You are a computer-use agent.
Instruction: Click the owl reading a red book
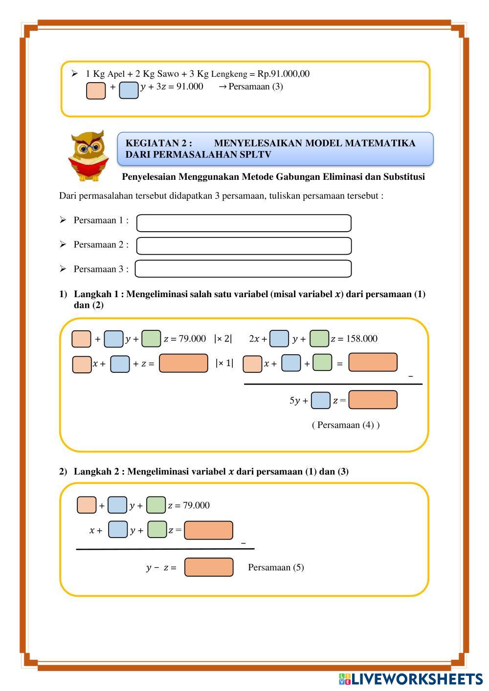88,156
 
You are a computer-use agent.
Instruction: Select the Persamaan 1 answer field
244,223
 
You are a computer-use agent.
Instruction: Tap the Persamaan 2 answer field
244,246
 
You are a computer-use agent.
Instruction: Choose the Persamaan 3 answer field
243,269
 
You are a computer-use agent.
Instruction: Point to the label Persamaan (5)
276,567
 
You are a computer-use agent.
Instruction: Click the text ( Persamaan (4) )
346,425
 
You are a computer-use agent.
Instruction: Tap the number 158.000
361,339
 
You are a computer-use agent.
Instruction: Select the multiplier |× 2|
223,339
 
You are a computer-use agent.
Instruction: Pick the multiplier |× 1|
224,363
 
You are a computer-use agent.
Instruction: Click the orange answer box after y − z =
209,567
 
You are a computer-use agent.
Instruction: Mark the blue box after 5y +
321,401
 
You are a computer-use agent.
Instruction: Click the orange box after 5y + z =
373,400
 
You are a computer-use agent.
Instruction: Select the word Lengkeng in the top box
229,74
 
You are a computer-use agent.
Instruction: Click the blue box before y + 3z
129,90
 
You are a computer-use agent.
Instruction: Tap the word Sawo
168,74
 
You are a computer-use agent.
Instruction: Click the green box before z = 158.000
319,339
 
